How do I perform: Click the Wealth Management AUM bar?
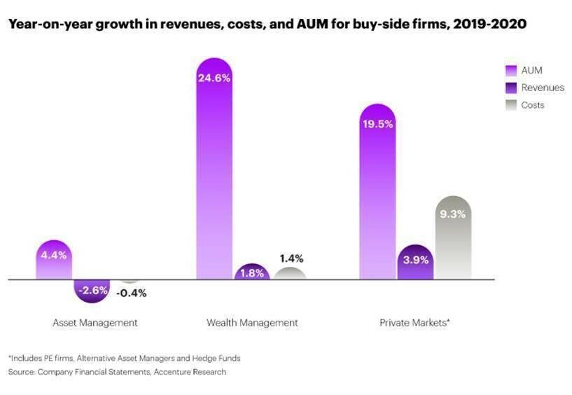(214, 175)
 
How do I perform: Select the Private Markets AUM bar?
(377, 196)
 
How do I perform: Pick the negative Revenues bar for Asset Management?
(92, 290)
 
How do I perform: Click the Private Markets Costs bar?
(453, 242)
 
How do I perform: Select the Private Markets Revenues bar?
(415, 263)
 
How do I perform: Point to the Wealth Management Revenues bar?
(252, 272)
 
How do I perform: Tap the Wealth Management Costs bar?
(290, 274)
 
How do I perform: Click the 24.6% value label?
(214, 78)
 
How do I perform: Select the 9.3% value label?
(453, 214)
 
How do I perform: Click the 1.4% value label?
(290, 258)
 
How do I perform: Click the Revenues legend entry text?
(543, 88)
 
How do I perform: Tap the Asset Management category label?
(95, 323)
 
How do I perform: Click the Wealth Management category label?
(252, 323)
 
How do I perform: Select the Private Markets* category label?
(414, 323)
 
